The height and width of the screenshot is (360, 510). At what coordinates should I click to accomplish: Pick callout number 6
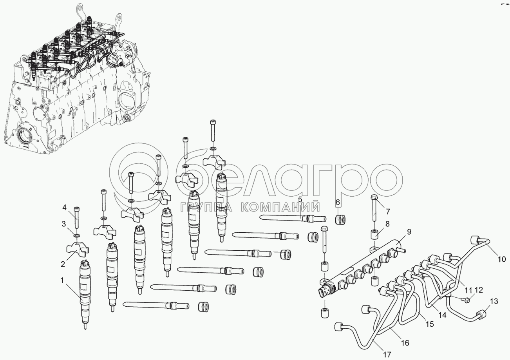[337, 203]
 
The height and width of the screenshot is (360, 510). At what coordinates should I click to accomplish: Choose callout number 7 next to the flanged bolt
[388, 212]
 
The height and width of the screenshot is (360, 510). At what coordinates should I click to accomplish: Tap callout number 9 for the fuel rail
[409, 232]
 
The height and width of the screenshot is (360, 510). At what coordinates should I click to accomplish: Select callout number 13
[494, 301]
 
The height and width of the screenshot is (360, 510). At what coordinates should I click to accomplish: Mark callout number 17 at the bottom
[387, 355]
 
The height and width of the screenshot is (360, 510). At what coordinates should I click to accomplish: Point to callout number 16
[405, 343]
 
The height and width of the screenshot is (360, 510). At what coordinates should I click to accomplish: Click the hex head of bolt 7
[374, 197]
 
